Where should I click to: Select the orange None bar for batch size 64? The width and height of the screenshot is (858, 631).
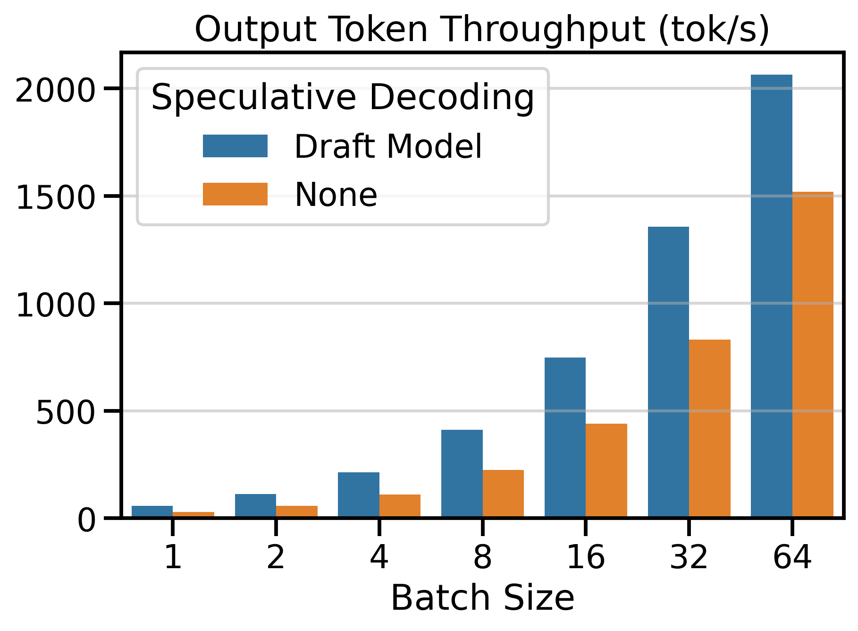pyautogui.click(x=813, y=354)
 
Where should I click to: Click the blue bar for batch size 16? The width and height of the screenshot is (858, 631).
pyautogui.click(x=565, y=437)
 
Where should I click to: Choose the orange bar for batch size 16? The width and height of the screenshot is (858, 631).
pyautogui.click(x=606, y=470)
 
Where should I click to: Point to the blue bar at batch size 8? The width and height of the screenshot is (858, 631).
pyautogui.click(x=462, y=473)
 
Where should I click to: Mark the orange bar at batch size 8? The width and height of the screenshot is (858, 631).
pyautogui.click(x=503, y=493)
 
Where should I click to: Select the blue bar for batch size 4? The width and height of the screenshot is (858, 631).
pyautogui.click(x=359, y=495)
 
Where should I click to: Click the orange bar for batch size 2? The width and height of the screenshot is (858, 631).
pyautogui.click(x=297, y=512)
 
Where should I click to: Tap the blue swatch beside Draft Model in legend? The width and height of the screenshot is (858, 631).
pyautogui.click(x=235, y=146)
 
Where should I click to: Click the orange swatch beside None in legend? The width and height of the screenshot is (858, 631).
pyautogui.click(x=235, y=194)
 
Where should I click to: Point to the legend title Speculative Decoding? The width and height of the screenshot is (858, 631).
pyautogui.click(x=343, y=98)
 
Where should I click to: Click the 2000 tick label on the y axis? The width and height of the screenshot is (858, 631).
pyautogui.click(x=56, y=90)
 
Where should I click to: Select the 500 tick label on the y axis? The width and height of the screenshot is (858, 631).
pyautogui.click(x=66, y=412)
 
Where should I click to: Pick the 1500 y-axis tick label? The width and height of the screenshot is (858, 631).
pyautogui.click(x=56, y=197)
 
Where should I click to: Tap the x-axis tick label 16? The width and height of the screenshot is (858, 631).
pyautogui.click(x=585, y=557)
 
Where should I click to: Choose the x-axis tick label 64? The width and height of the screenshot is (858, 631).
pyautogui.click(x=792, y=557)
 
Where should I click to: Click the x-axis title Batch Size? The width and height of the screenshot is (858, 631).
pyautogui.click(x=482, y=598)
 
